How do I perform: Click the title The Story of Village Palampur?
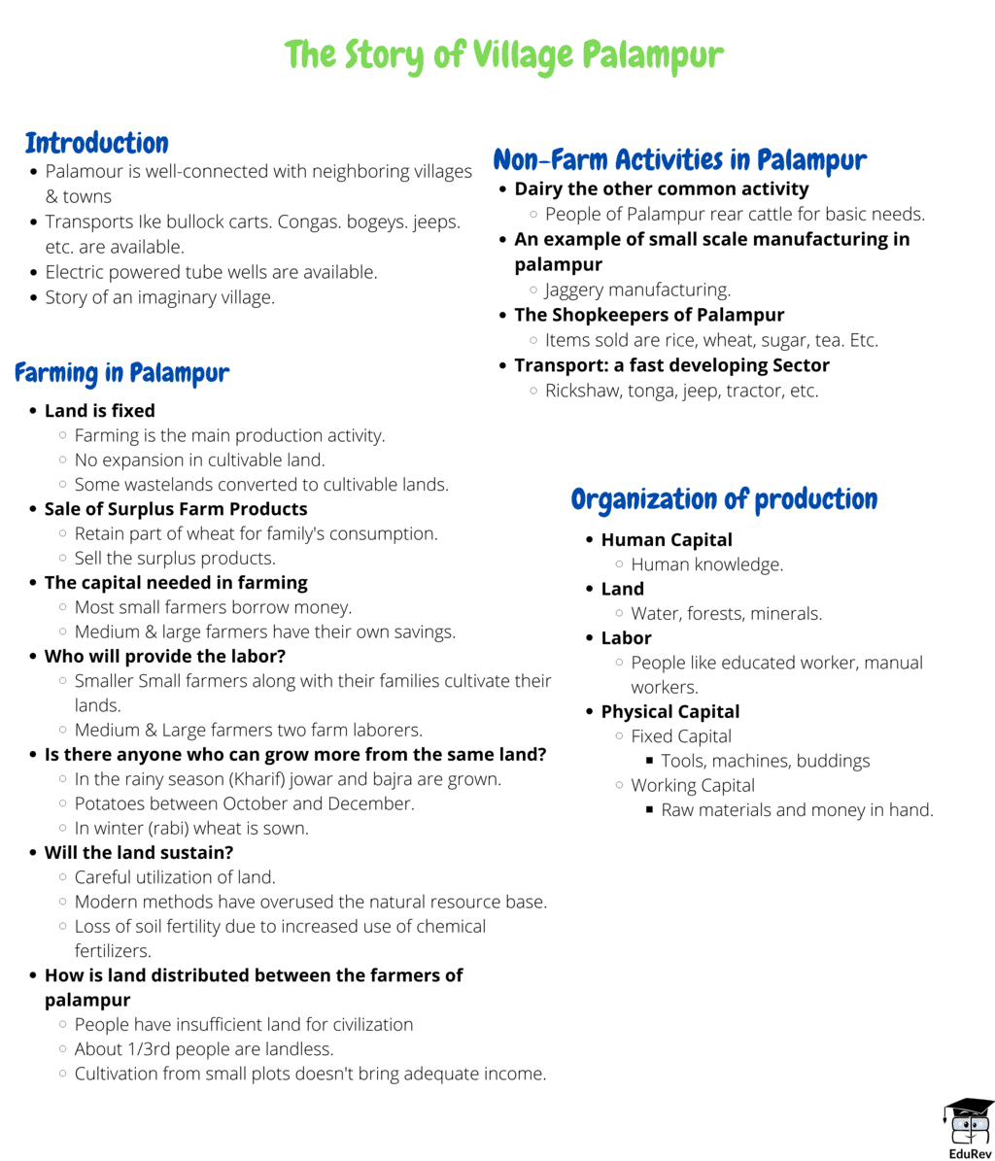504,54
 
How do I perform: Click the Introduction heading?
96,143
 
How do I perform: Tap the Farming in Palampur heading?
121,372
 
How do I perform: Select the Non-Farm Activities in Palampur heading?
679,159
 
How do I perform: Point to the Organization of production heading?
724,499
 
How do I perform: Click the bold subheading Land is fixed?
99,411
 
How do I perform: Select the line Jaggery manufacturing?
637,290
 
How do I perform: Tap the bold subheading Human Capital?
667,539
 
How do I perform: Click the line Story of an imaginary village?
160,297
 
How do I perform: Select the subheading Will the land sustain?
138,853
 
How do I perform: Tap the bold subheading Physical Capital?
670,711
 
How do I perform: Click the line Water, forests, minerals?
726,613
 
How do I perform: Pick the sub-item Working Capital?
692,785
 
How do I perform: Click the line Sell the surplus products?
175,558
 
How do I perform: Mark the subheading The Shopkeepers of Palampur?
649,315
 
